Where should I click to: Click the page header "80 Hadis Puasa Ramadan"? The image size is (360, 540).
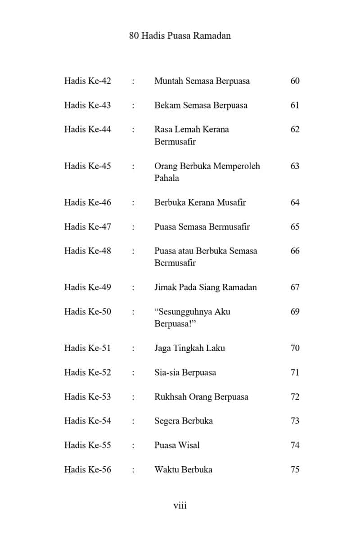tap(180, 36)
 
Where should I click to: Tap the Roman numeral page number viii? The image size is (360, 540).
tap(180, 505)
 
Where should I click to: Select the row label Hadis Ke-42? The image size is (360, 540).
tap(87, 81)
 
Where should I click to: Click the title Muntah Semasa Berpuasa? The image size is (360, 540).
tap(202, 81)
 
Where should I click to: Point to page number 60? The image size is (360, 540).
tap(295, 81)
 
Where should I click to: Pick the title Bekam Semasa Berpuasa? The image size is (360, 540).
tap(201, 105)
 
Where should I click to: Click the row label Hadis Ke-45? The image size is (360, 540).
tap(87, 166)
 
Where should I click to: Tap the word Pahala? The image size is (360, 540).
tap(166, 178)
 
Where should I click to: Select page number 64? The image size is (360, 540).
tap(295, 202)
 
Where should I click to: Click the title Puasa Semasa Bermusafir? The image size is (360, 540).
tap(202, 227)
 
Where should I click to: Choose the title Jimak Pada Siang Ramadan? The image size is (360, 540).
tap(205, 287)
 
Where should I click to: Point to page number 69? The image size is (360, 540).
tap(295, 311)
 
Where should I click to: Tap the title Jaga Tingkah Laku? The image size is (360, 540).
tap(189, 348)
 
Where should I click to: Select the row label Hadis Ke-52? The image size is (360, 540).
tap(87, 372)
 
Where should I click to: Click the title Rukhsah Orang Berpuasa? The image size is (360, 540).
tap(201, 397)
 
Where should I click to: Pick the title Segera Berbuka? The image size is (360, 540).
tap(184, 421)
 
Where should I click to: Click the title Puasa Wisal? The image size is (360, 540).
tap(177, 445)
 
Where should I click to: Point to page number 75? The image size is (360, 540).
tap(295, 469)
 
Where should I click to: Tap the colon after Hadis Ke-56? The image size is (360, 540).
tap(133, 470)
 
